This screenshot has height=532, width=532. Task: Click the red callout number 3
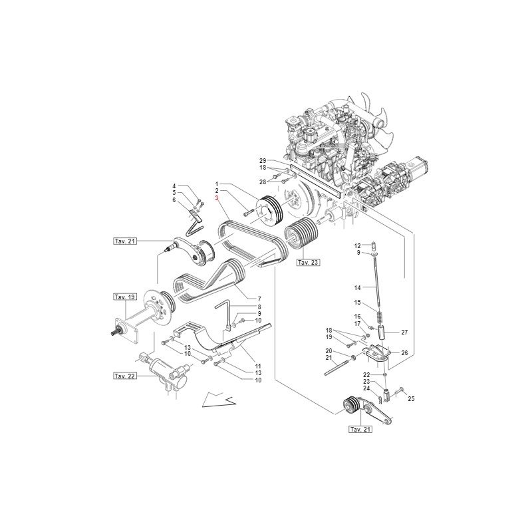click(x=216, y=199)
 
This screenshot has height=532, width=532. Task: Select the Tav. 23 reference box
click(x=308, y=263)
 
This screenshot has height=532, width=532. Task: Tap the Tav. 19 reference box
click(x=124, y=296)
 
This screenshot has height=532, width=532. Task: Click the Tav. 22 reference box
click(x=124, y=376)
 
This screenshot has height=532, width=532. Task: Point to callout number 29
click(x=263, y=162)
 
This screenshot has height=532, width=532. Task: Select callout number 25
click(x=411, y=398)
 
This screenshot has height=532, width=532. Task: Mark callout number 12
click(x=375, y=245)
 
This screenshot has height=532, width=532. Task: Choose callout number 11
click(x=257, y=366)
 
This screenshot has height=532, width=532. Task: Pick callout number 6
click(x=174, y=200)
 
